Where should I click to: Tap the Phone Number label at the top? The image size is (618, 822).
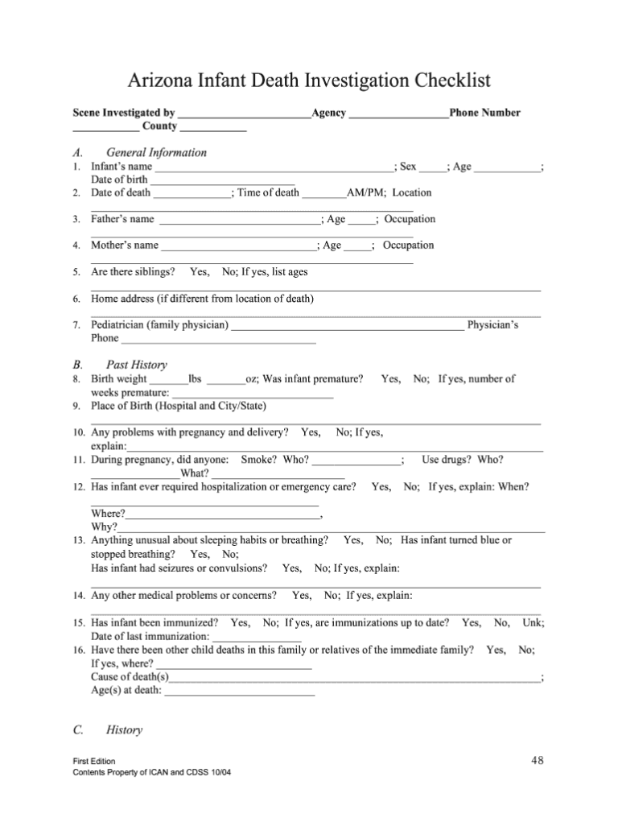pos(485,113)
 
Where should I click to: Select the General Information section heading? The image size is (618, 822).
pos(156,152)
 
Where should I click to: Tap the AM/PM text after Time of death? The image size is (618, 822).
pos(365,192)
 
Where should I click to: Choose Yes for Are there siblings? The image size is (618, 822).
pos(200,271)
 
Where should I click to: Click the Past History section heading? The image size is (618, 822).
pos(136,365)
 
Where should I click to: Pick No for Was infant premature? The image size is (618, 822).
pos(421,378)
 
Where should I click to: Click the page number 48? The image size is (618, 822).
pos(539,760)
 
